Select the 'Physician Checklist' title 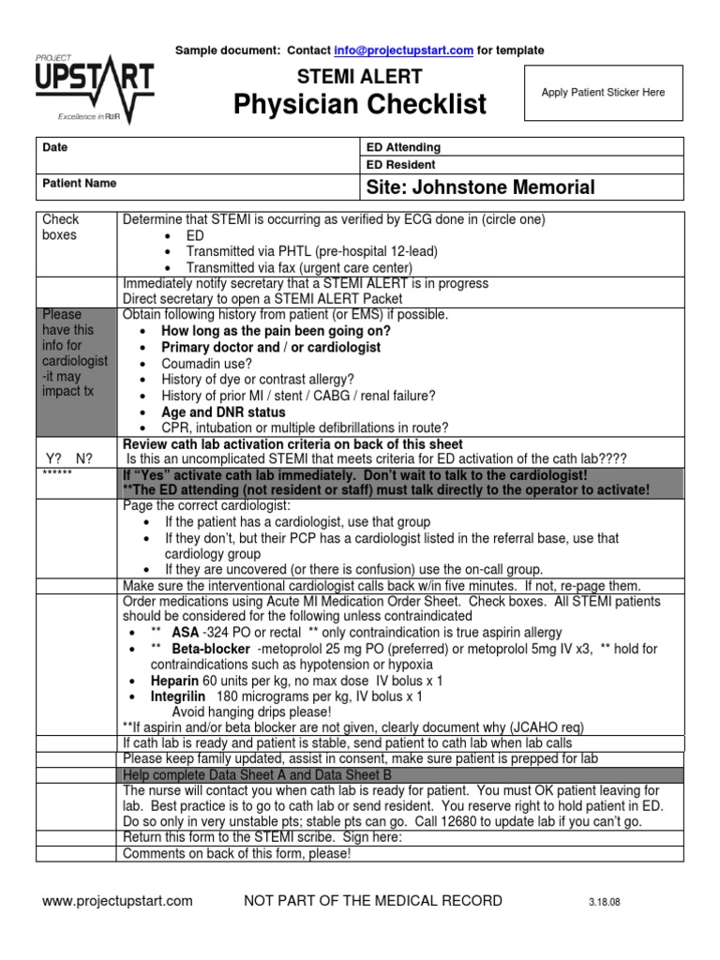click(x=361, y=104)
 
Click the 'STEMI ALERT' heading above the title click(x=360, y=77)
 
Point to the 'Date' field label click(x=55, y=147)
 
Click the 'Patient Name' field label click(x=80, y=184)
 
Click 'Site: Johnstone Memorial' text click(x=479, y=187)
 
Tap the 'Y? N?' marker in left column click(x=70, y=457)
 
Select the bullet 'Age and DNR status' click(x=224, y=412)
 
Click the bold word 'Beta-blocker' click(x=211, y=649)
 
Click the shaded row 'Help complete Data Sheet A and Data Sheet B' click(x=257, y=775)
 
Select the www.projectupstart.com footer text click(x=118, y=901)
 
